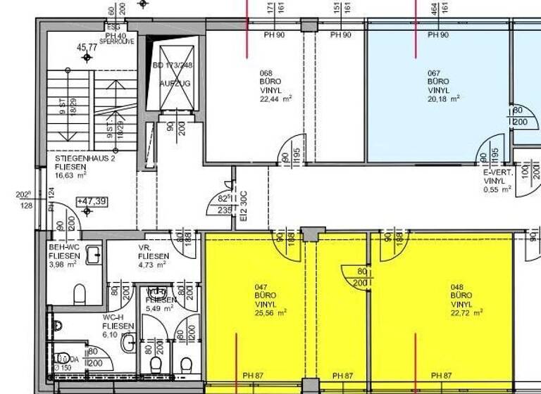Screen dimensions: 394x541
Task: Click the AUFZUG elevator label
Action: (174, 83)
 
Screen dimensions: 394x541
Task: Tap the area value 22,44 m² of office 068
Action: (275, 99)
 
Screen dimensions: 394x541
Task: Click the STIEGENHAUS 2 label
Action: (82, 160)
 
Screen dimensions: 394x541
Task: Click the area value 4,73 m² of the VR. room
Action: (151, 265)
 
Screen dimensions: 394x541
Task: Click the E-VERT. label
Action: (497, 173)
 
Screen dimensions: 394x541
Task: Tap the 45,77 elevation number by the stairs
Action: (87, 47)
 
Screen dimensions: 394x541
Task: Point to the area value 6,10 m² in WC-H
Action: (116, 335)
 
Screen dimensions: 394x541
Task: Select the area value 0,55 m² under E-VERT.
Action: (497, 190)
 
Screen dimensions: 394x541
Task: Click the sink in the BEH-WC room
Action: (93, 255)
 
